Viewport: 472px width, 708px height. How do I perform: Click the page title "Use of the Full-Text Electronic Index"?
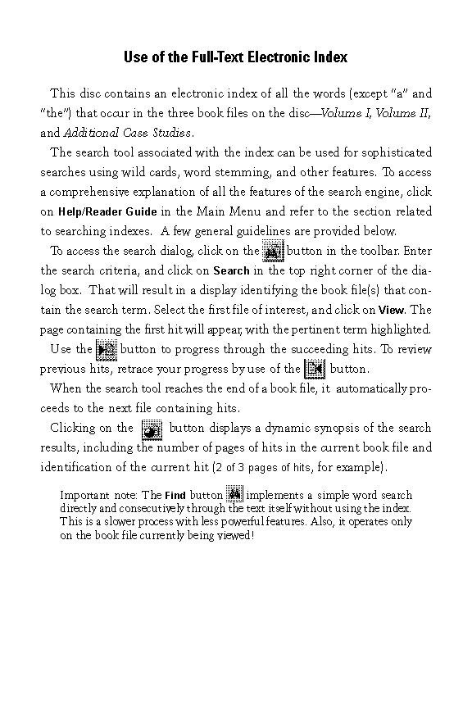point(235,57)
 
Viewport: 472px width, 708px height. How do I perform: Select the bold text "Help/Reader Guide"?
point(107,211)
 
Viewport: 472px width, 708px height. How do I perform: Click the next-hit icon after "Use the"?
point(107,349)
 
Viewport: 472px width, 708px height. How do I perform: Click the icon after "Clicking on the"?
point(151,428)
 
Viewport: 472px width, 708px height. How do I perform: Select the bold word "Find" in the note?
point(175,496)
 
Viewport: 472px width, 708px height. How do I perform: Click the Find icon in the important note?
point(234,495)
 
